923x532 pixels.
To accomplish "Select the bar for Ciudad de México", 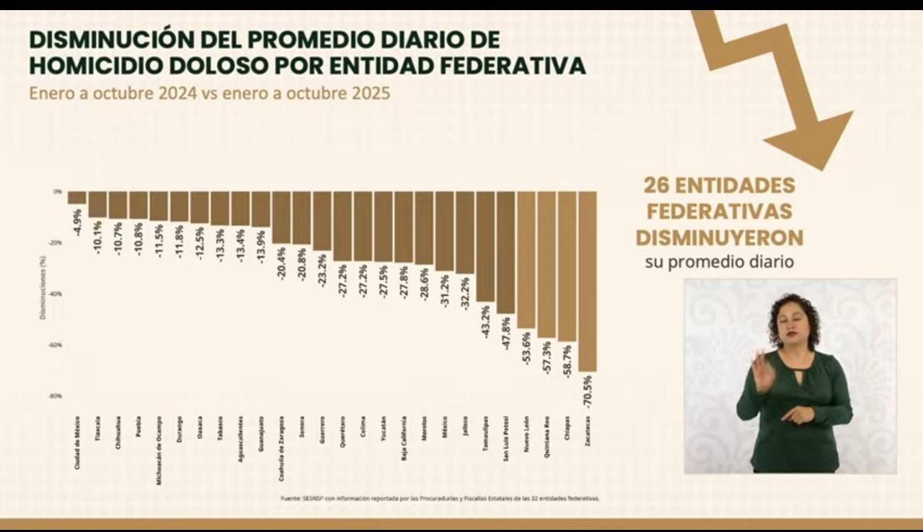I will (76, 198).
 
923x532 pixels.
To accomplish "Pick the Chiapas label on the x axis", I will (568, 432).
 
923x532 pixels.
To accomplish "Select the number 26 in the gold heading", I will (659, 186).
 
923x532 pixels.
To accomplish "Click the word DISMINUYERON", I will (719, 237).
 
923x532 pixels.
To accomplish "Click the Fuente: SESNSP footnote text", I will (440, 498).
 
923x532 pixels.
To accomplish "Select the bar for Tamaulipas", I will (485, 245).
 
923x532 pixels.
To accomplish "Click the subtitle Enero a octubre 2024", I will (112, 95).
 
